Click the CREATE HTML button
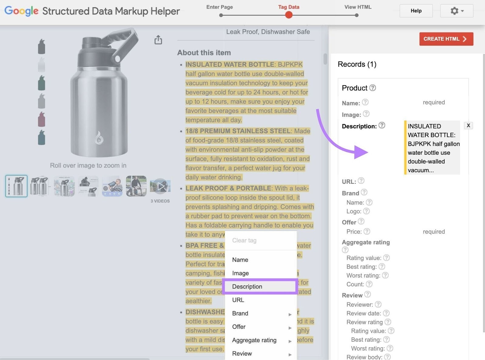tap(446, 39)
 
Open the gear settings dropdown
tap(457, 11)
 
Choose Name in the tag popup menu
tap(240, 260)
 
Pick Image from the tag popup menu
tap(240, 273)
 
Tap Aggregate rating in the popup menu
tap(254, 340)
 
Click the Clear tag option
tap(244, 240)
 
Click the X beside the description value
tap(468, 126)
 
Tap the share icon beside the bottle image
tap(158, 40)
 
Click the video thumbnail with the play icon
tap(160, 186)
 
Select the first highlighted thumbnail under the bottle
tap(16, 186)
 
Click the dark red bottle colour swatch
tap(42, 119)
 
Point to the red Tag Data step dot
tap(289, 15)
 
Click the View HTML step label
tap(358, 7)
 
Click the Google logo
tap(21, 11)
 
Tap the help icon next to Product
tap(373, 88)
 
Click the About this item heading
tap(204, 52)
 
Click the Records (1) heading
tap(357, 64)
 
